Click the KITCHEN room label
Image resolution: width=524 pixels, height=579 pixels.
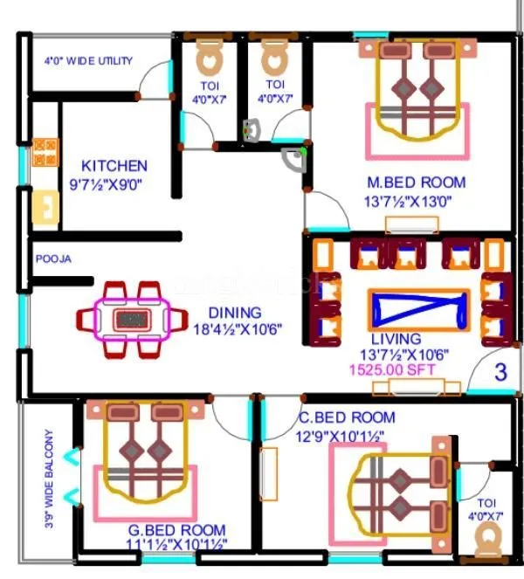point(114,165)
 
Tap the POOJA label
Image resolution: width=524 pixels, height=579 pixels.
point(53,259)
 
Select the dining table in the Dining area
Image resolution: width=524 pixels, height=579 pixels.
point(133,319)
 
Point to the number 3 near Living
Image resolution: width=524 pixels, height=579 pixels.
point(500,372)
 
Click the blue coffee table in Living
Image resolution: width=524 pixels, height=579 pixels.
point(417,309)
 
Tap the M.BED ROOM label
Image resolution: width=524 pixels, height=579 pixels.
point(416,183)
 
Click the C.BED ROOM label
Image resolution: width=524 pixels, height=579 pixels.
point(346,417)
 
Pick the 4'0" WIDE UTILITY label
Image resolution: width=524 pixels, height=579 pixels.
point(88,61)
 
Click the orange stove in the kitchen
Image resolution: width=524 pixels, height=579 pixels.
point(45,153)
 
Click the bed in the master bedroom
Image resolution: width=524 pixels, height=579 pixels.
point(416,96)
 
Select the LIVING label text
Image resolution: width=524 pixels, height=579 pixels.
point(396,338)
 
